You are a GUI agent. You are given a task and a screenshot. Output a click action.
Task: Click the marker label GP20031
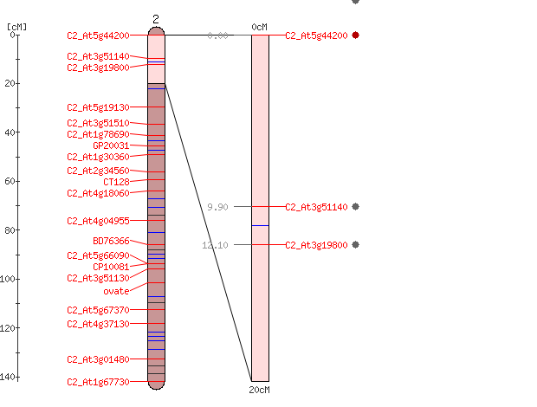111,145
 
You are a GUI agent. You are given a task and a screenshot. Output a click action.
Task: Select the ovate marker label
116,291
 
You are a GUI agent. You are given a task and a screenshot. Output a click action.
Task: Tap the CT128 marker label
116,182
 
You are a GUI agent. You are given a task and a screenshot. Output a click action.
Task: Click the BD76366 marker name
111,241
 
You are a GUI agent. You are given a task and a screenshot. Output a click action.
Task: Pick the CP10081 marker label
111,267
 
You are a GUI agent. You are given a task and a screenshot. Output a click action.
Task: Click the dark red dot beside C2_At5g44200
355,35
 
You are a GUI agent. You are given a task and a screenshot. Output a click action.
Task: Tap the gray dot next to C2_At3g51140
355,206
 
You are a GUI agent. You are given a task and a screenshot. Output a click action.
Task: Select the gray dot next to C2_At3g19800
355,244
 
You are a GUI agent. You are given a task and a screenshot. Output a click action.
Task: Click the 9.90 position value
217,207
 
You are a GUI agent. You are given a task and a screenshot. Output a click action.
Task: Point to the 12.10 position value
215,245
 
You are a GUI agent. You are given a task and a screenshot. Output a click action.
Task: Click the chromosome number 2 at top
156,19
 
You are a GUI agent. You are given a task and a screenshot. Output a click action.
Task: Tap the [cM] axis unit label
16,27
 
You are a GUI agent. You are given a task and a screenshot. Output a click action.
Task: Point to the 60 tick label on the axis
10,181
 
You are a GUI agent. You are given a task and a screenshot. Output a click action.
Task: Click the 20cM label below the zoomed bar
259,390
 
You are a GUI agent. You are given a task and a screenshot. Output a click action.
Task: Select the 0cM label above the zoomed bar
259,27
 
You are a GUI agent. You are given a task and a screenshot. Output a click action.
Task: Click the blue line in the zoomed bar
261,225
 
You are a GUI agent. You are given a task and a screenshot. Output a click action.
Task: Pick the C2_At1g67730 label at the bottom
98,382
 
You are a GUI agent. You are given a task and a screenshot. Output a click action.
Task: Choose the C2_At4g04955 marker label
98,221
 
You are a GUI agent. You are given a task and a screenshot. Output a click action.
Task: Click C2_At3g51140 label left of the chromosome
98,56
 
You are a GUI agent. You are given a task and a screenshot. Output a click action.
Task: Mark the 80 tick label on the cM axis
10,230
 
